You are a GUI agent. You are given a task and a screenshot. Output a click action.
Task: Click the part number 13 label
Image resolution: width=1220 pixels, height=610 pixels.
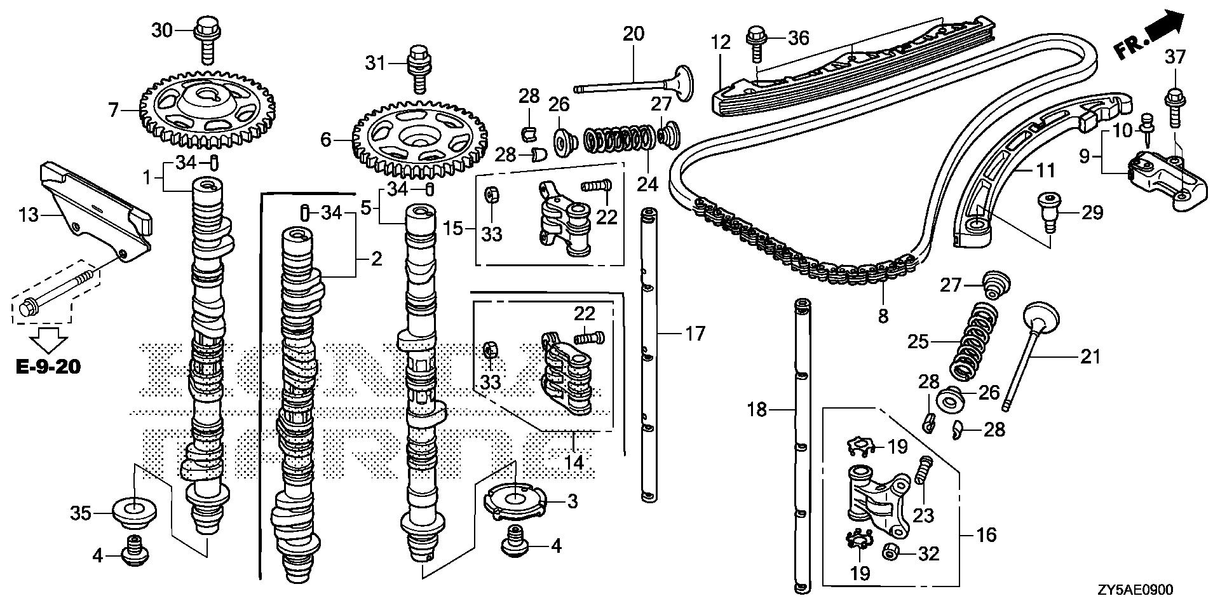click(28, 216)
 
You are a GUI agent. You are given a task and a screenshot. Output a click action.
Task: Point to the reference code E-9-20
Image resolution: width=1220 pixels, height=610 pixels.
click(49, 367)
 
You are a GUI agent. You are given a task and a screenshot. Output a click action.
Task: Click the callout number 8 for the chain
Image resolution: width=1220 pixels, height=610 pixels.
click(883, 316)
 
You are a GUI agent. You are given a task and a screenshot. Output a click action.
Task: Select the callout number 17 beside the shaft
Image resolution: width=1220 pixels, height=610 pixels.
click(695, 333)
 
